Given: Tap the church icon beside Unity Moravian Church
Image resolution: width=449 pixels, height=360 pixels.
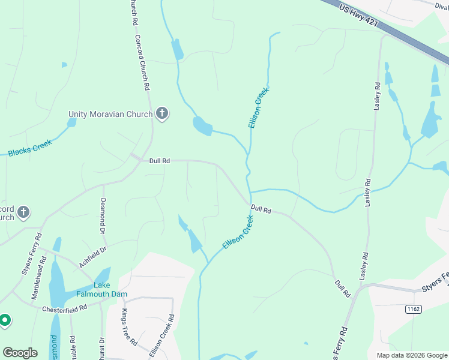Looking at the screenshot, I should [x=161, y=113].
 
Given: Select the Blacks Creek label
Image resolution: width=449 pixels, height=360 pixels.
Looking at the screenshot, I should [x=30, y=148].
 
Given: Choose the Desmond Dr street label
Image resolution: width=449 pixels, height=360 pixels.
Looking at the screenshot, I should [x=103, y=215].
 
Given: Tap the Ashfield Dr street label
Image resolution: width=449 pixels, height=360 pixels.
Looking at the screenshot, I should [x=92, y=257].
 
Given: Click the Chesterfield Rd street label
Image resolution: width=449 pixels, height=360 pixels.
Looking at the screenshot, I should [x=65, y=308].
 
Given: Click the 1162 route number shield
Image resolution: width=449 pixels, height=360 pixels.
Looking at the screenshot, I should [x=412, y=309].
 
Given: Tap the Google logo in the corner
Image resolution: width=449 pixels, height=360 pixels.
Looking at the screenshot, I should [x=20, y=353].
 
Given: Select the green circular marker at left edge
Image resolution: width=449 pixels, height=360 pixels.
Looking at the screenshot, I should [x=5, y=320].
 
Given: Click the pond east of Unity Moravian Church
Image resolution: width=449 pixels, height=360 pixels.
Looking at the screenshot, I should [x=202, y=126].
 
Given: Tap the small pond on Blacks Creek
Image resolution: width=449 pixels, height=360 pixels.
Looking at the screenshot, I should [x=71, y=122].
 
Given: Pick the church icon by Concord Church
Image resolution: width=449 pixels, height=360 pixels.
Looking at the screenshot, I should [x=23, y=212].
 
